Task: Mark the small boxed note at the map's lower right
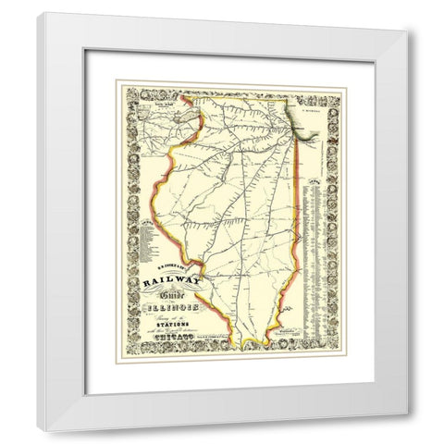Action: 307,333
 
